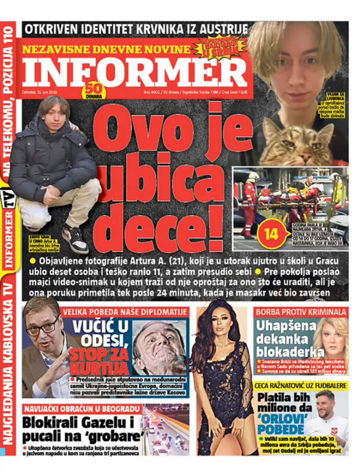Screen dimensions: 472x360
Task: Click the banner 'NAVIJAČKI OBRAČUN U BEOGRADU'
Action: click(82, 409)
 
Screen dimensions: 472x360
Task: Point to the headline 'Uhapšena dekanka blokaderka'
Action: click(286, 338)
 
